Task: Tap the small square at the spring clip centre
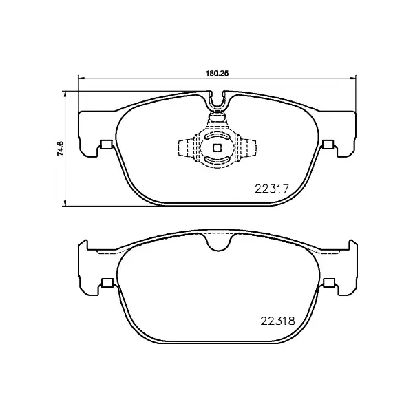(217, 147)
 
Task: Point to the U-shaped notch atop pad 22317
(218, 103)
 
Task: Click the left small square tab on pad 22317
(106, 145)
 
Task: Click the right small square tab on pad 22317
(328, 145)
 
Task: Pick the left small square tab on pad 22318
(107, 282)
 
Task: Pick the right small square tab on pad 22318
(328, 282)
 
